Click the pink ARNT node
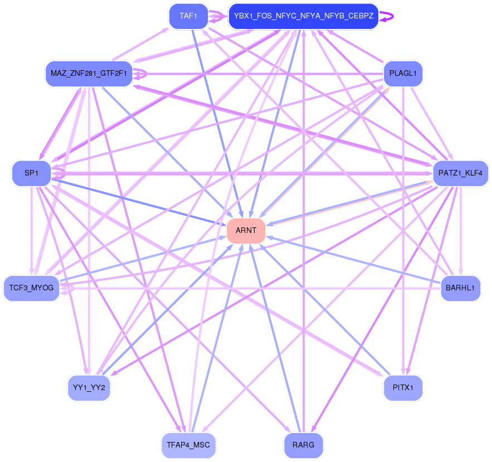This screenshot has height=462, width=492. pyautogui.click(x=246, y=230)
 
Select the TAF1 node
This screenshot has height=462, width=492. pyautogui.click(x=188, y=16)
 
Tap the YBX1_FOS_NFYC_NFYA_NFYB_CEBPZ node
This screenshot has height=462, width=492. pyautogui.click(x=304, y=16)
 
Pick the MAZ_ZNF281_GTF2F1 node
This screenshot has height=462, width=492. pyautogui.click(x=89, y=73)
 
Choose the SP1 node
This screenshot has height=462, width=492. pyautogui.click(x=31, y=173)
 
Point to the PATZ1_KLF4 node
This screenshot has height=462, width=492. pyautogui.click(x=460, y=173)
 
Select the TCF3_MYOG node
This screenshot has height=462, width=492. pyautogui.click(x=31, y=288)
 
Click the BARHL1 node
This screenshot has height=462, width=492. pyautogui.click(x=460, y=288)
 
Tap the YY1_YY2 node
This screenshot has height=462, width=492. pyautogui.click(x=89, y=387)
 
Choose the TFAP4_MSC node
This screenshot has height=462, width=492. pyautogui.click(x=188, y=445)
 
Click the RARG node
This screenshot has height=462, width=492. pyautogui.click(x=304, y=445)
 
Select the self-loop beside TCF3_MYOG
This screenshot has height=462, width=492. pyautogui.click(x=70, y=289)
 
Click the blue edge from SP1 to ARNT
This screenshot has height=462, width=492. pyautogui.click(x=139, y=202)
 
